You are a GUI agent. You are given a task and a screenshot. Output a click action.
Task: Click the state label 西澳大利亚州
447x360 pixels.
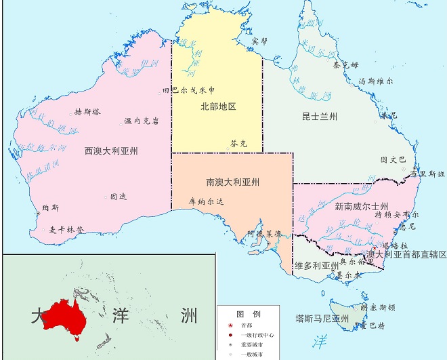111,151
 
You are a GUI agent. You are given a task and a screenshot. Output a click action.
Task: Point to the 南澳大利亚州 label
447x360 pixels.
233,182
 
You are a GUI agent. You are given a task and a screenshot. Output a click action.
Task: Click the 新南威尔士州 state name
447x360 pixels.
362,206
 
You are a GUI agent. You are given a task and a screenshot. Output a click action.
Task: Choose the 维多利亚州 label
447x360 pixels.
316,265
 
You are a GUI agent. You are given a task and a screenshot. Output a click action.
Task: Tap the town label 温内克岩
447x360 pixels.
142,121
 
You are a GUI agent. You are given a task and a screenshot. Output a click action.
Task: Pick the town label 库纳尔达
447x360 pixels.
206,201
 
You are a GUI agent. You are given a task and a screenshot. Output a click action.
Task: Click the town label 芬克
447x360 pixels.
239,144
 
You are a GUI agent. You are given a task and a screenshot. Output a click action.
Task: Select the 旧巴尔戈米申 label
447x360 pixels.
189,89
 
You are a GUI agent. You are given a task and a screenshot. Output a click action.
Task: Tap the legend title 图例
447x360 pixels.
248,314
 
